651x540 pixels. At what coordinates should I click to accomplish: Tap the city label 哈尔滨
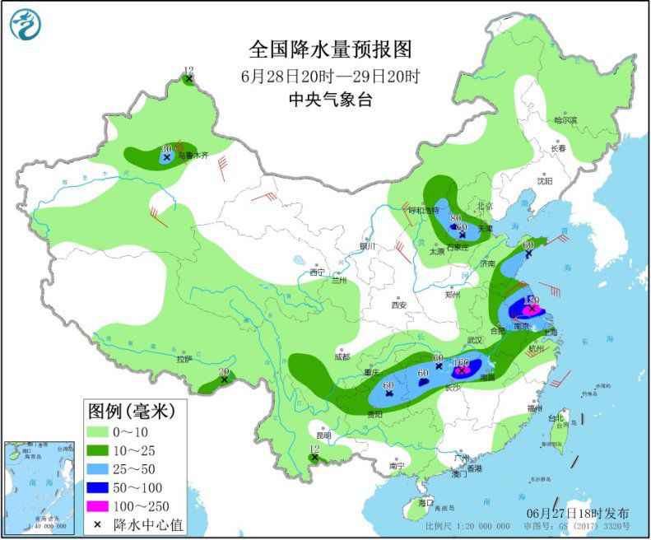pyautogui.click(x=565, y=120)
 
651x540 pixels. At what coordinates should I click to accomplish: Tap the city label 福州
pyautogui.click(x=536, y=408)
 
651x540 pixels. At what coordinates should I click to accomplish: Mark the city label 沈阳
pyautogui.click(x=545, y=180)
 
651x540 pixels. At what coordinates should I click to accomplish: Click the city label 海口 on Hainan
pyautogui.click(x=425, y=501)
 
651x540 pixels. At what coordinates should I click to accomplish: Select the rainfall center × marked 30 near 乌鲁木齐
pyautogui.click(x=166, y=156)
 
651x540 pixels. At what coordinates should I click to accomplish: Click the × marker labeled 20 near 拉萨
pyautogui.click(x=224, y=379)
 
